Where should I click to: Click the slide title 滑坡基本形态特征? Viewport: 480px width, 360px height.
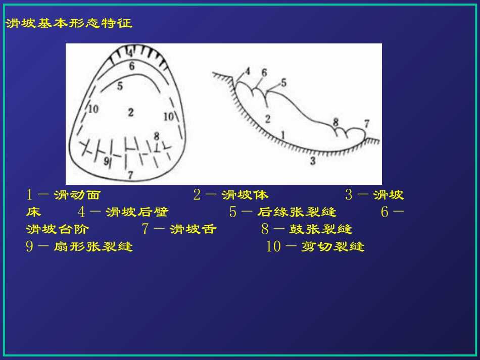click(x=69, y=24)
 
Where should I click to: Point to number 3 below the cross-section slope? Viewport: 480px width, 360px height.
click(x=313, y=161)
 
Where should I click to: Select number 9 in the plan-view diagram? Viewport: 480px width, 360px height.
click(x=106, y=162)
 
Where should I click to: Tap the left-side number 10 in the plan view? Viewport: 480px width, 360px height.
click(x=93, y=109)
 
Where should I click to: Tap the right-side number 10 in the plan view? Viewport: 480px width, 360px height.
click(x=169, y=117)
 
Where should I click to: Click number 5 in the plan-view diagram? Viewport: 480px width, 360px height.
click(x=120, y=86)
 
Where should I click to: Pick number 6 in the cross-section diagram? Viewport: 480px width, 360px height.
click(x=264, y=72)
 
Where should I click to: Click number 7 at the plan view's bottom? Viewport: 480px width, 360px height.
click(x=130, y=175)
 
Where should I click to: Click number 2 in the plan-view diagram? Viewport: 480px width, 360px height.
click(x=131, y=112)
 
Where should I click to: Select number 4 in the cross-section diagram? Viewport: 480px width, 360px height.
click(x=248, y=71)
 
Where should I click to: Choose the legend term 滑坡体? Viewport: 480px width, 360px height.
click(x=245, y=195)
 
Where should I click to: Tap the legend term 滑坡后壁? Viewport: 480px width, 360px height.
click(x=137, y=212)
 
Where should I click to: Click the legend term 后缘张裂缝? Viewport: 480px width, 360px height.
click(x=297, y=212)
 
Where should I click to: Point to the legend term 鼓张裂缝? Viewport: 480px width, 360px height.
click(x=320, y=229)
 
